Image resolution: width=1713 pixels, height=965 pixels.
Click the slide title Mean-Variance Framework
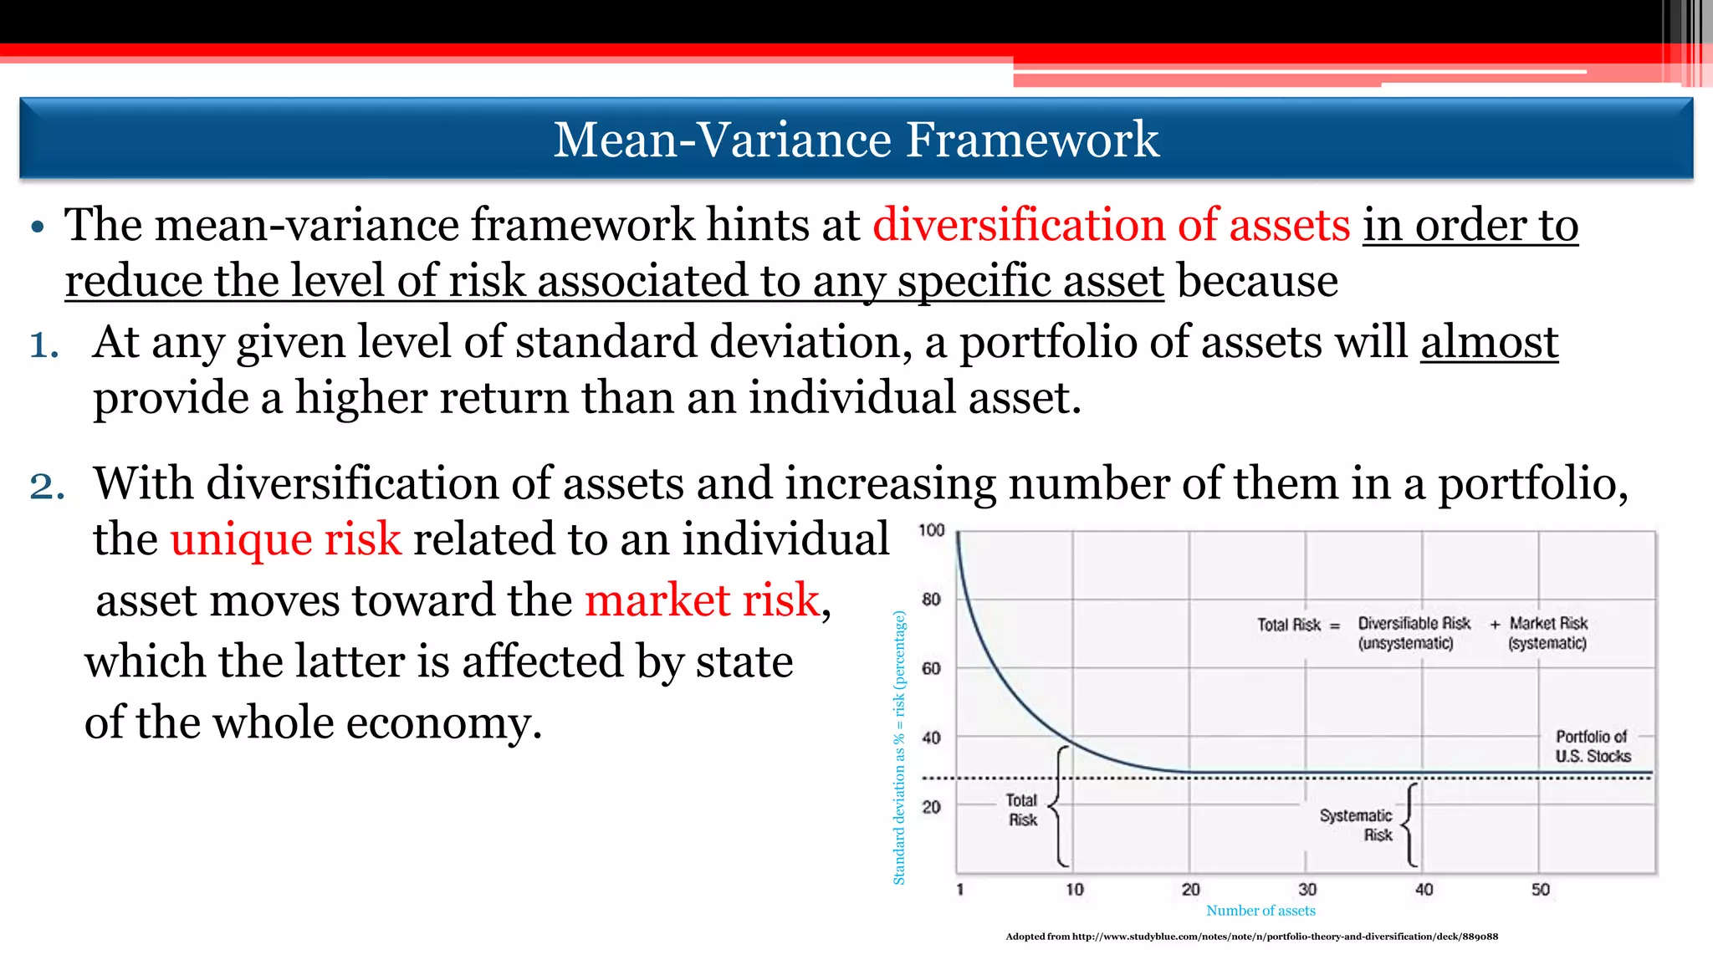point(856,140)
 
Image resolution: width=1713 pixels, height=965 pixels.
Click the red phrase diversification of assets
point(1112,225)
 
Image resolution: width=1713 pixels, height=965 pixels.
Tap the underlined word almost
point(1489,342)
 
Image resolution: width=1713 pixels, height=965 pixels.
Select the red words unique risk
point(285,539)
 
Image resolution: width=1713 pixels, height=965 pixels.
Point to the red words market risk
point(702,600)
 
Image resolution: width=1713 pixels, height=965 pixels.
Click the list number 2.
point(47,486)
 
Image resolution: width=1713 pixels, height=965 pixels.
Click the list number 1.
point(44,345)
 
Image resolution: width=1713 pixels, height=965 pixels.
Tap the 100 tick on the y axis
point(931,530)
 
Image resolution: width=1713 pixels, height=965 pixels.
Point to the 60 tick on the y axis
point(931,668)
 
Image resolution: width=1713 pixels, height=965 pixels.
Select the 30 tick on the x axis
point(1307,890)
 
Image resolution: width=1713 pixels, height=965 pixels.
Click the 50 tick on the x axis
point(1540,890)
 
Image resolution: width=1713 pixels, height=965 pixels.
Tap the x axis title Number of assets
point(1260,911)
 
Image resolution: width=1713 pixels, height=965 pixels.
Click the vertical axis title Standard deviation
point(899,748)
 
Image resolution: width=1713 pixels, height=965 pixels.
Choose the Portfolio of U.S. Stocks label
point(1592,747)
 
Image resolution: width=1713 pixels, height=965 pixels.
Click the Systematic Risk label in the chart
point(1357,825)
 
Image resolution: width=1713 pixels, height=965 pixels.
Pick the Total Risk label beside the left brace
point(1022,810)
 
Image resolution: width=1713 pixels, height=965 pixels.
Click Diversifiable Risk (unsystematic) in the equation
point(1413,633)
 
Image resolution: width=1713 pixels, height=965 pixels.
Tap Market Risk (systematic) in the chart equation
point(1547,633)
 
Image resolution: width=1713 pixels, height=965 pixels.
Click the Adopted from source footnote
point(1251,937)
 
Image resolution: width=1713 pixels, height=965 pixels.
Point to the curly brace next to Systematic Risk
point(1410,825)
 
